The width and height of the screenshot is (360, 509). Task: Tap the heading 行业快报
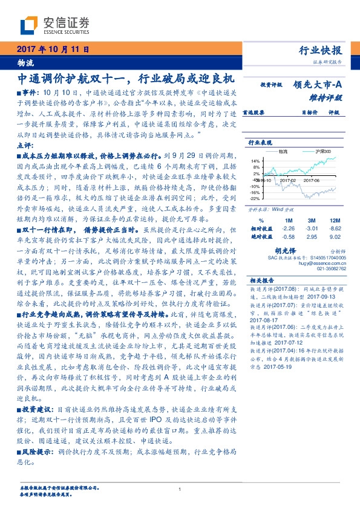click(321, 50)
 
